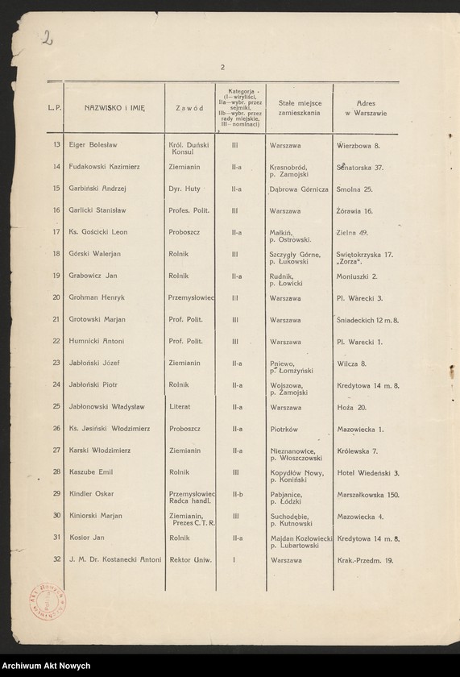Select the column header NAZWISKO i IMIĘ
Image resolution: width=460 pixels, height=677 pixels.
114,107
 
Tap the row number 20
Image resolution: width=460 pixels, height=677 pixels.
56,297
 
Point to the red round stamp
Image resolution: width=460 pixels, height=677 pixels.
51,600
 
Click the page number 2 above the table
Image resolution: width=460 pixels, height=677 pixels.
222,67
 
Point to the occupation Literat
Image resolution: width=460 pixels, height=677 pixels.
180,406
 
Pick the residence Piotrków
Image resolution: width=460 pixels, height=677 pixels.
284,429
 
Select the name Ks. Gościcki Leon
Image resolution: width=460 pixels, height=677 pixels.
98,232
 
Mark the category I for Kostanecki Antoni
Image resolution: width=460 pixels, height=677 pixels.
234,559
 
